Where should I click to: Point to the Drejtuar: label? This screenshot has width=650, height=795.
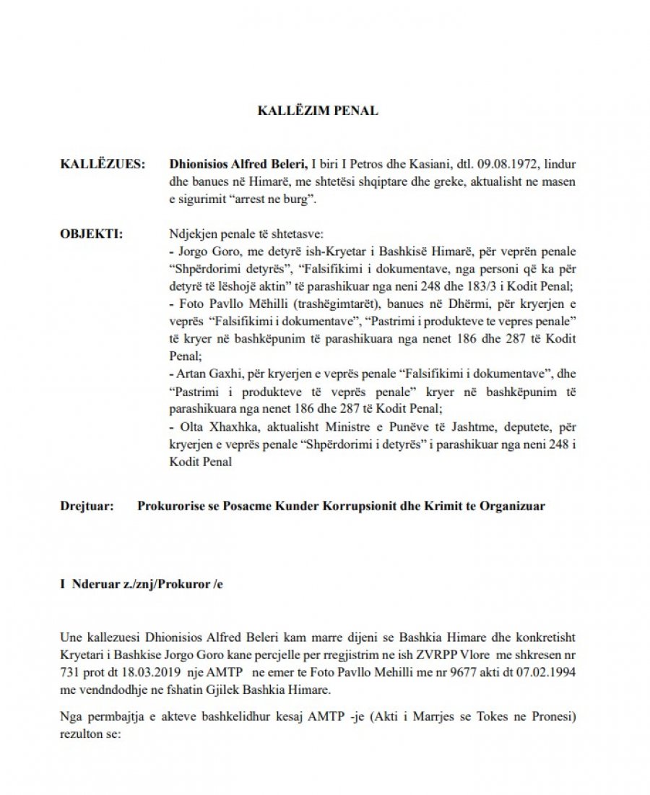[87, 506]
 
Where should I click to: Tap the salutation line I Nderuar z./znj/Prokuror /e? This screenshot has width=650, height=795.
[142, 582]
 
